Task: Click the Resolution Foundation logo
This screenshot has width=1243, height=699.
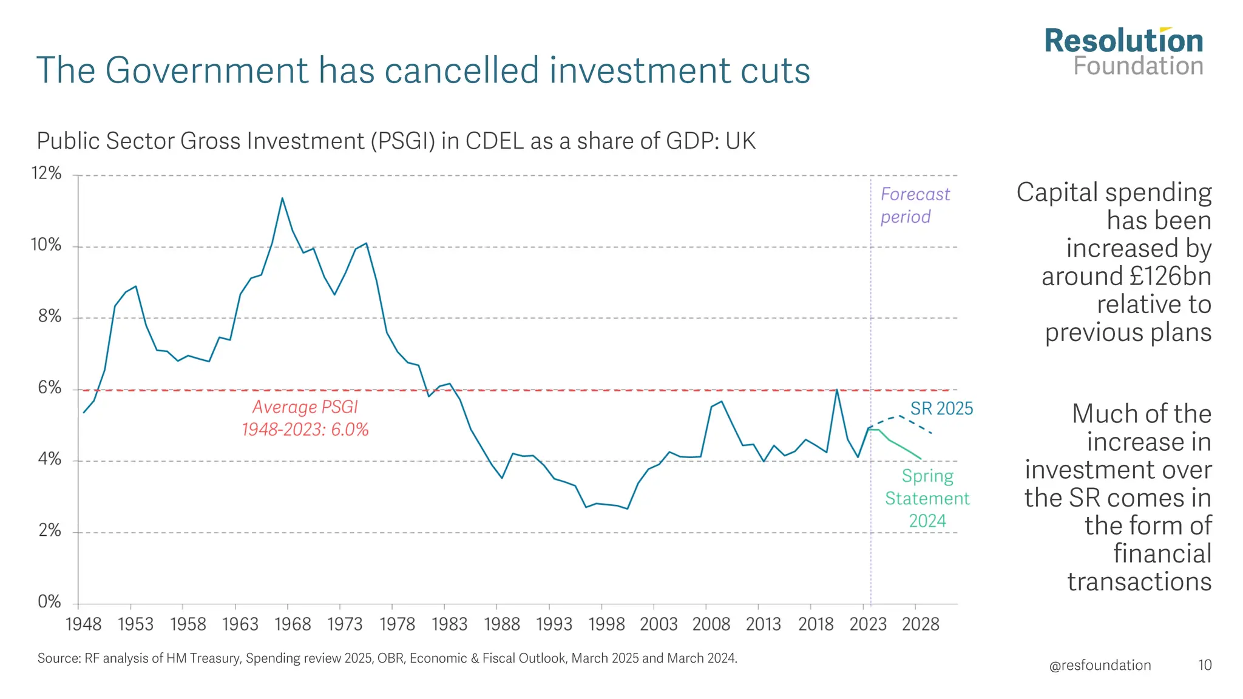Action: pos(1123,52)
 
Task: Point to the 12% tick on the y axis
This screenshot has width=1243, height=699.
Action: pos(47,174)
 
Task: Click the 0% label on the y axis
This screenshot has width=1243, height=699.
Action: pos(49,602)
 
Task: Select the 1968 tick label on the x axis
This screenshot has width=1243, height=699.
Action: pos(293,624)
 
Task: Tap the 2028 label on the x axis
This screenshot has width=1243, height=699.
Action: pos(920,624)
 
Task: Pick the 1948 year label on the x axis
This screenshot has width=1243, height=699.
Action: pos(83,624)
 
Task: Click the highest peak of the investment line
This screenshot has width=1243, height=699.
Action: pos(282,198)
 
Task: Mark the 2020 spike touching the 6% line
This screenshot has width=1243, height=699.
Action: pos(837,390)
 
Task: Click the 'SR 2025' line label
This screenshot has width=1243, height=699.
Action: pos(941,409)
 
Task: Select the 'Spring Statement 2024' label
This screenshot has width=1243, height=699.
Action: pos(927,498)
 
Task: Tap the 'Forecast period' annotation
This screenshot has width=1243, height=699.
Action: pos(915,205)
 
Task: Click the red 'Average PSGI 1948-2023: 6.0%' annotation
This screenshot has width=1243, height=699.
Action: pos(305,418)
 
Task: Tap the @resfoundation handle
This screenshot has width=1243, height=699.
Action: pos(1100,665)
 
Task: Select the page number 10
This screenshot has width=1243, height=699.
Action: pos(1204,665)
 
